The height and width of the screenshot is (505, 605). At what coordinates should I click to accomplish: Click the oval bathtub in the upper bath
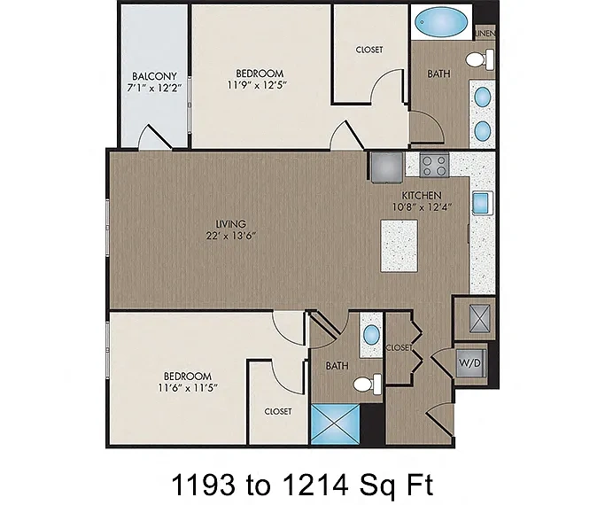tap(441, 22)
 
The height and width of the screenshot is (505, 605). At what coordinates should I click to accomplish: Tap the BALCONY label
tap(154, 76)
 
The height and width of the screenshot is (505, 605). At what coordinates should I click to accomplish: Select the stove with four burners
tap(434, 165)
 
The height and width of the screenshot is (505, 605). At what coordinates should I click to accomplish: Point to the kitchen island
tap(399, 245)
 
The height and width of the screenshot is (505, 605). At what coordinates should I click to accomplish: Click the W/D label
tap(470, 363)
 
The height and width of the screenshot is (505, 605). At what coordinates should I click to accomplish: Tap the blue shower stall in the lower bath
tap(335, 424)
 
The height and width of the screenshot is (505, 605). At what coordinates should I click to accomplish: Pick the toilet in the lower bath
tap(368, 385)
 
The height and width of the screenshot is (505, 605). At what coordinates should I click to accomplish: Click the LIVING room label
tap(230, 224)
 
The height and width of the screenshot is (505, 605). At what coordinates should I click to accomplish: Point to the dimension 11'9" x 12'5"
tap(258, 85)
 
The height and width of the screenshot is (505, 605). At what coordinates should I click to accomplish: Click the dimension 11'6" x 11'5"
tap(188, 387)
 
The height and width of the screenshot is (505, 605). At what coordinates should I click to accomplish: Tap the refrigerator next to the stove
tap(386, 167)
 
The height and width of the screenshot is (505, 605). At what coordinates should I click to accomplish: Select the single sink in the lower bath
tap(371, 335)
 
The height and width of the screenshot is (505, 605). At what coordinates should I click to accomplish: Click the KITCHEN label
tap(422, 195)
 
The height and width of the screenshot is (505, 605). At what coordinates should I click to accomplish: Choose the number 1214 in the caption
tap(315, 485)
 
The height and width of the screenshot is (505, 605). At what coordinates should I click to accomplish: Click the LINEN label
tap(485, 34)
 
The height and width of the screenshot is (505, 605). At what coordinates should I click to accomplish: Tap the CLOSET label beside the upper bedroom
tap(369, 50)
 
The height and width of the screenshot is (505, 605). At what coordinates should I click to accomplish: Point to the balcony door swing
tap(155, 136)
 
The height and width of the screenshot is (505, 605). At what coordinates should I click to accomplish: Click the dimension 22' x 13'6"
tap(231, 236)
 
